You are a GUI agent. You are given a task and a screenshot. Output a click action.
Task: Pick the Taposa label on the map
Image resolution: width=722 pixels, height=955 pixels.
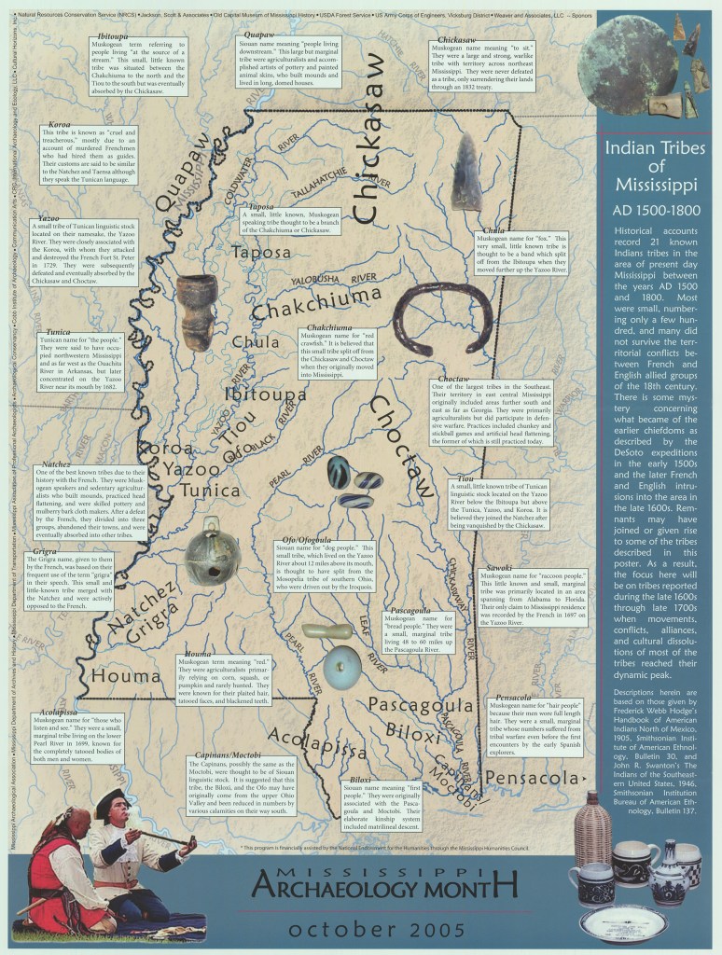point(262,252)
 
